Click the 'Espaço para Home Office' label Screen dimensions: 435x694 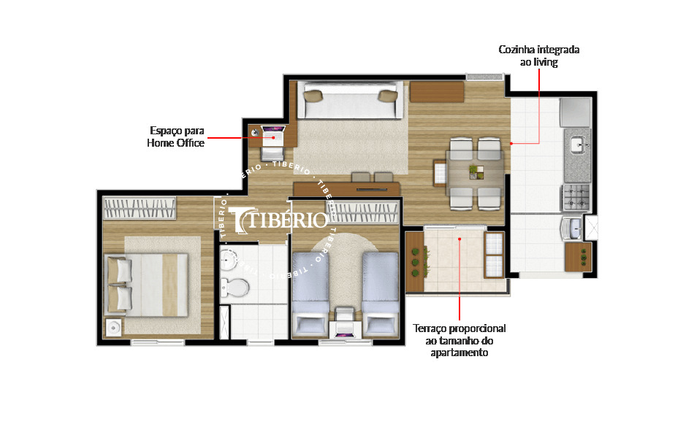pos(175,137)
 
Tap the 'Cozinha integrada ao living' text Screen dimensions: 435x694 pos(538,56)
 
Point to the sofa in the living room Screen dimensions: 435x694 pos(351,102)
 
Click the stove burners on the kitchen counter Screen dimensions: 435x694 pos(574,197)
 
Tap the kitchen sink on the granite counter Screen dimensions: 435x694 pos(577,143)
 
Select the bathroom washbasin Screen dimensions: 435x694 pos(232,261)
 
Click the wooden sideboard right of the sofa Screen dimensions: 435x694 pos(436,93)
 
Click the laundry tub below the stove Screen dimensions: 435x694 pos(573,228)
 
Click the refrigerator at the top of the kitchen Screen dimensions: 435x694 pos(575,112)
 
